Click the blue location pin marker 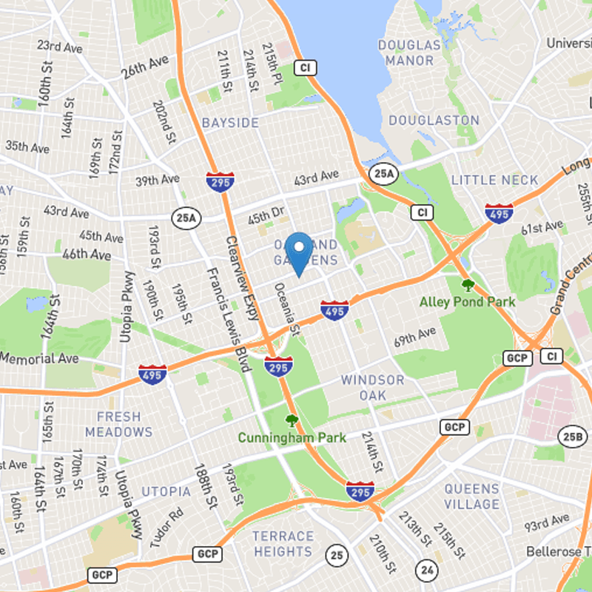(299, 252)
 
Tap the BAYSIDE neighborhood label (230, 122)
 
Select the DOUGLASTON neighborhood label (434, 120)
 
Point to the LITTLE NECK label (495, 180)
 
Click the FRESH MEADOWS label (118, 424)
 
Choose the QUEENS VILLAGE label (472, 497)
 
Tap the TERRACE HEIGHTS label (283, 544)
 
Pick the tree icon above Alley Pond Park (467, 285)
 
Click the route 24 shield (426, 569)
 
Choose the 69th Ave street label (415, 338)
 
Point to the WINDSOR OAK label (373, 388)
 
